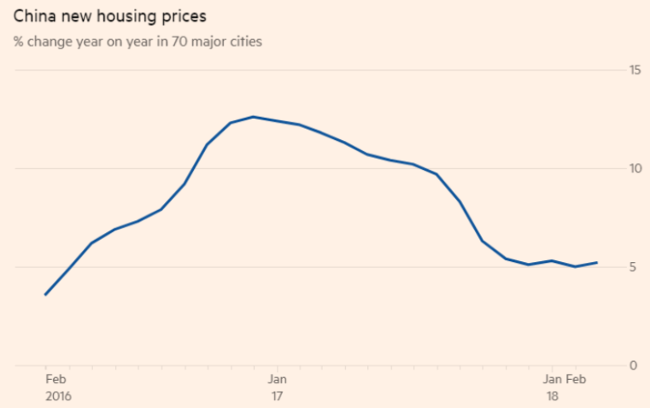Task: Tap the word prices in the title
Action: click(184, 17)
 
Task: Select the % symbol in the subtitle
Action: click(18, 42)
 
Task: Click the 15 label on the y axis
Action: click(635, 70)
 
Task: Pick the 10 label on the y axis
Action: click(635, 169)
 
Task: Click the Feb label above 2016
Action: click(56, 380)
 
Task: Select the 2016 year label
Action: click(58, 397)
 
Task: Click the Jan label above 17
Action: click(277, 380)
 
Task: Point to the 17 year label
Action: click(277, 397)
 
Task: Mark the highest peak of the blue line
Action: click(253, 116)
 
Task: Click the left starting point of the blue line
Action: click(45, 294)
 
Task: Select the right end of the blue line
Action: click(596, 263)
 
